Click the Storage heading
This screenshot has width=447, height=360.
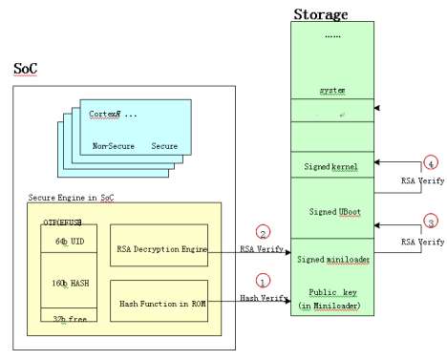point(320,13)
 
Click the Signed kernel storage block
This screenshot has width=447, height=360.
point(331,168)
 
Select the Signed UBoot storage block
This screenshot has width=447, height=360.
point(331,210)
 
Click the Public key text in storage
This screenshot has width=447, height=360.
point(330,291)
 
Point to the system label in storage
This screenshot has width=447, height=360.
point(331,91)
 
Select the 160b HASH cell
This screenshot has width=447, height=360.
point(68,284)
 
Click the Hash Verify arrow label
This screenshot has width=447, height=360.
point(259,298)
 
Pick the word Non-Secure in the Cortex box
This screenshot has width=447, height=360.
point(113,146)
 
